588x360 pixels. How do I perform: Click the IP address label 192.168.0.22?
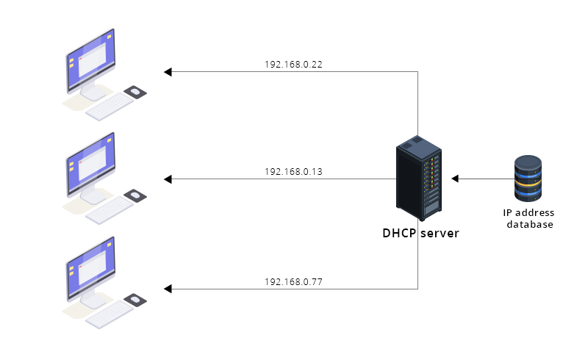(x=293, y=65)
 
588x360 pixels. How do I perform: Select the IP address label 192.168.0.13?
(x=293, y=172)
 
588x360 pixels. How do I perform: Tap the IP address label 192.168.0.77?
(x=293, y=281)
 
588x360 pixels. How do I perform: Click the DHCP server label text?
(x=420, y=234)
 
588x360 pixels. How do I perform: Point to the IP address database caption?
(x=528, y=219)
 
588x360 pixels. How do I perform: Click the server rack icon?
(x=420, y=178)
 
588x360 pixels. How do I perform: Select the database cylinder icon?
(x=528, y=178)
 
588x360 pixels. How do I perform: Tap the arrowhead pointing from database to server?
(x=456, y=179)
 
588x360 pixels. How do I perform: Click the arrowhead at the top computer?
(x=168, y=72)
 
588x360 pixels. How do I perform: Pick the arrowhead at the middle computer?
(x=168, y=179)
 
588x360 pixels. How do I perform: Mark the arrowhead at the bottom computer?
(x=168, y=289)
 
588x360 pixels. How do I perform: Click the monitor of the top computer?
(x=90, y=62)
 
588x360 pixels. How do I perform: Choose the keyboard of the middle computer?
(x=110, y=210)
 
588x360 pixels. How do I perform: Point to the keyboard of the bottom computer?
(x=110, y=314)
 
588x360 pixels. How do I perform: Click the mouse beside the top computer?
(x=135, y=91)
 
